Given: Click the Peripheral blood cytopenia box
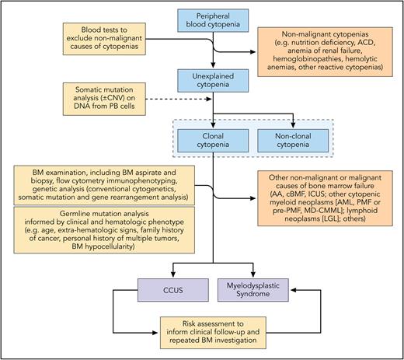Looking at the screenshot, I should coord(213,24).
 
